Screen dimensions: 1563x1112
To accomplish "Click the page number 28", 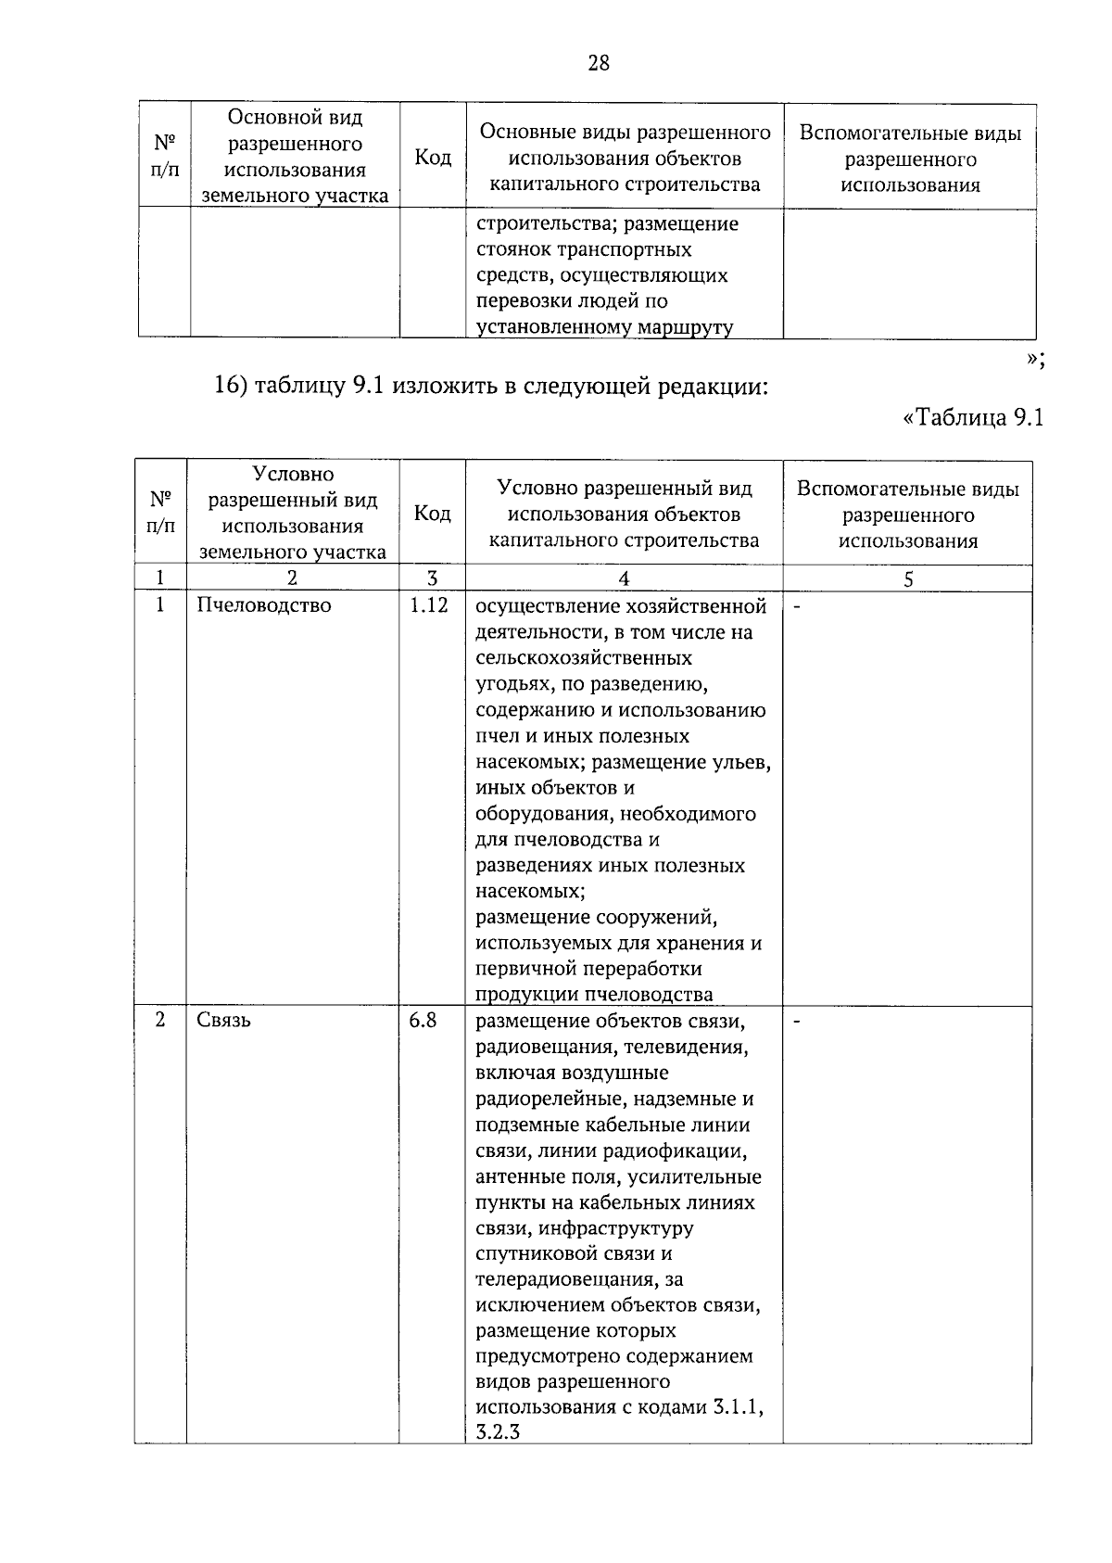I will [599, 63].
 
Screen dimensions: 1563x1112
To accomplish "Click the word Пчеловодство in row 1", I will [264, 605].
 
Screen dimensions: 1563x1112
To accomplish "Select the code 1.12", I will [429, 605].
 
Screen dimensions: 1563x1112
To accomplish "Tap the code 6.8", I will [423, 1020].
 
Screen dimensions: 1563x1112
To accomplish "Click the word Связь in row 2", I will [223, 1020].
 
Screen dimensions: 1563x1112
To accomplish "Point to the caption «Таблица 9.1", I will [973, 418].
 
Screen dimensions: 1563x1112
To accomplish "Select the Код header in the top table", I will [433, 158].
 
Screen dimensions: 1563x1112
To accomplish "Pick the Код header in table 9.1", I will [432, 513].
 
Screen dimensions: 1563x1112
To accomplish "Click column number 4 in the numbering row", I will [624, 578].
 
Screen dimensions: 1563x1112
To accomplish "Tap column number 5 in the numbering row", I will [908, 578].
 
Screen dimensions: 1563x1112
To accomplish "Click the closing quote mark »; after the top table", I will [1036, 362].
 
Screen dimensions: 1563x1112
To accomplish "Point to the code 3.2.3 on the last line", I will [498, 1432].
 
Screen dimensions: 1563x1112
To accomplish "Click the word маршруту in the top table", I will [688, 327].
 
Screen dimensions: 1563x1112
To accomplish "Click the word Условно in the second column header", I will [293, 475].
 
